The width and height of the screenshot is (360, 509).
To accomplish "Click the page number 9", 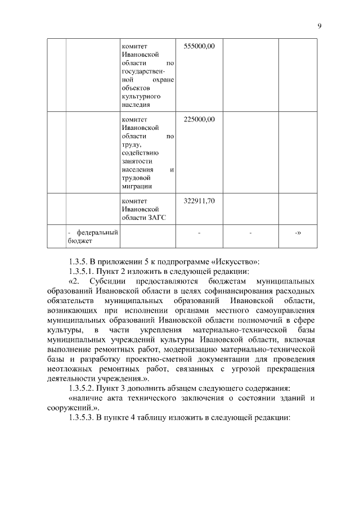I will [x=319, y=26].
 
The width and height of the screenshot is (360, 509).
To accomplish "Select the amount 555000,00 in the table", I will [x=200, y=45].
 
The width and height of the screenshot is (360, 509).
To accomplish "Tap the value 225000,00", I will [x=200, y=119].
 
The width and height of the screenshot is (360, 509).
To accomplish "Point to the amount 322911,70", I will [x=200, y=201].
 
